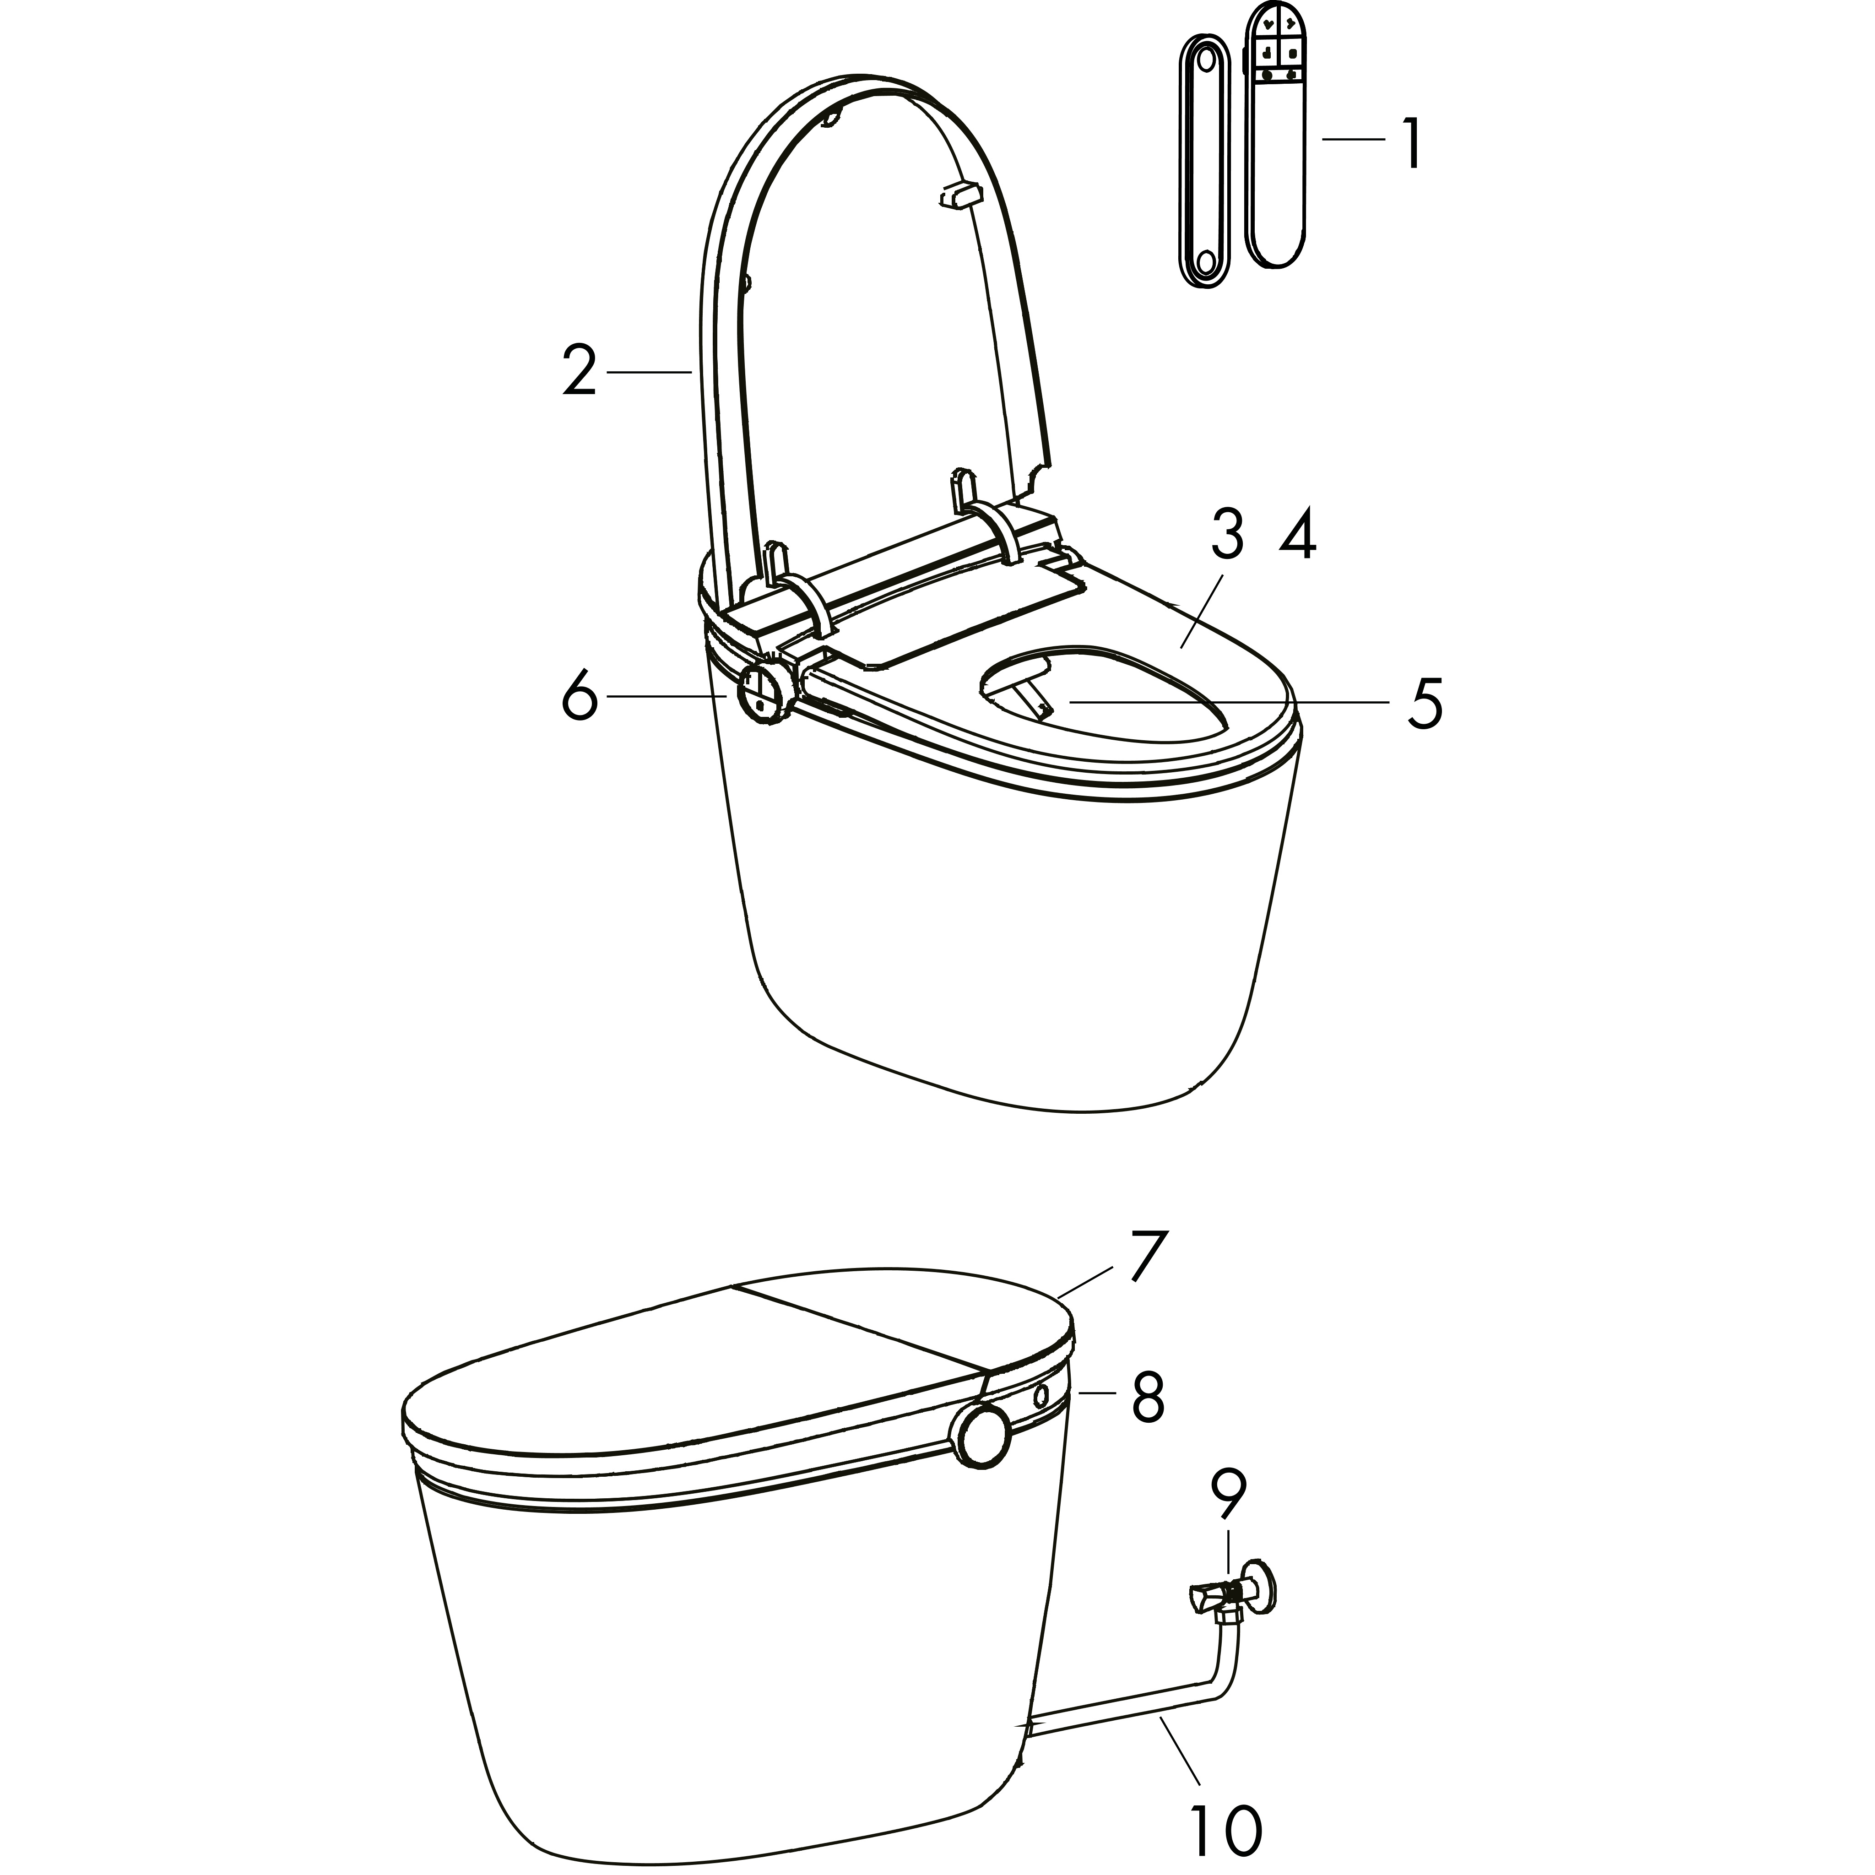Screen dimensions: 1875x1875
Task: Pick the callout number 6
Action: point(580,696)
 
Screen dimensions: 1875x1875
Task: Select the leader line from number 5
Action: point(1233,701)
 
